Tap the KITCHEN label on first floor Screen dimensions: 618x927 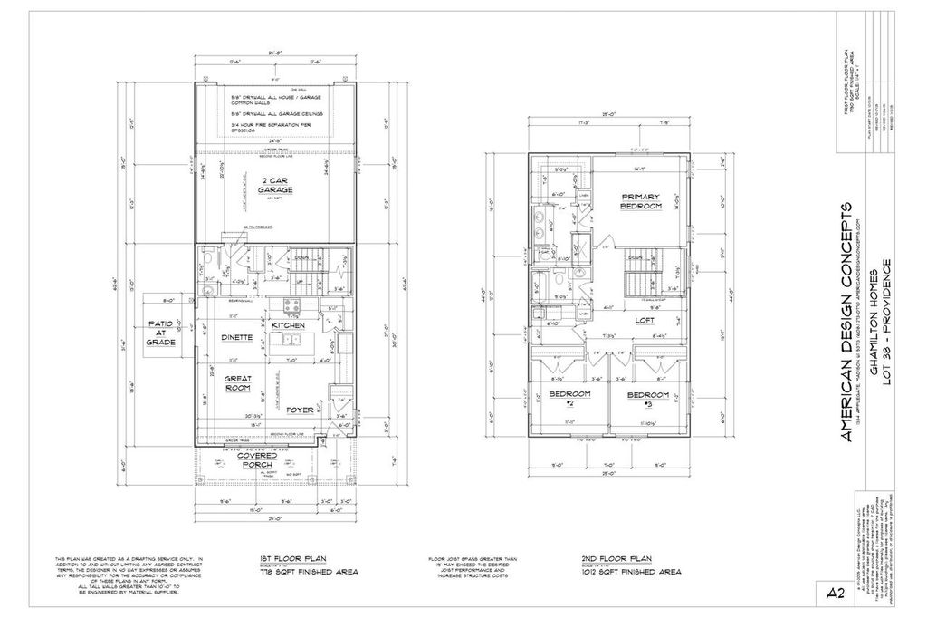[x=288, y=325]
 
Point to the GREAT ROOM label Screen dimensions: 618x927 [x=237, y=382]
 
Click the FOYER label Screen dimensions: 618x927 [x=300, y=410]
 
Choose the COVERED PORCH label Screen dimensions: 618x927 [x=257, y=461]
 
